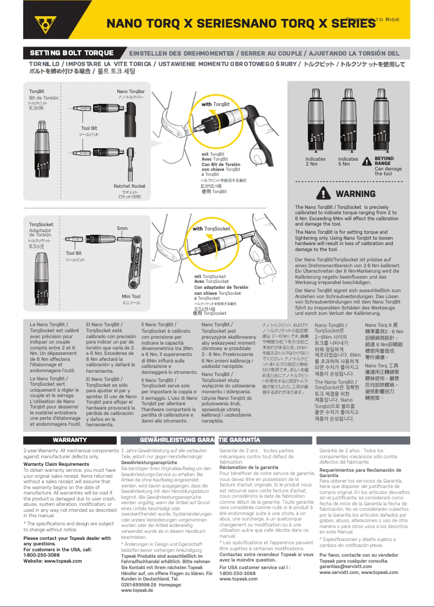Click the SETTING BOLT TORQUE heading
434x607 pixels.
click(71, 53)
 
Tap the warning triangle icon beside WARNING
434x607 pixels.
click(325, 194)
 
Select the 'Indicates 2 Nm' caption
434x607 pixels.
click(315, 161)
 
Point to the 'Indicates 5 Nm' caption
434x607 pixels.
click(348, 161)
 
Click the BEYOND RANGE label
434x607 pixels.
click(384, 161)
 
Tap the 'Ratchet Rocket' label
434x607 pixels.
click(129, 186)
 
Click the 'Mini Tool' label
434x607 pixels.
click(131, 296)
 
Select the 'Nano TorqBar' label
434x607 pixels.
click(131, 91)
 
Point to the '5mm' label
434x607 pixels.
click(122, 228)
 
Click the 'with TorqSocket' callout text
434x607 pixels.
click(212, 229)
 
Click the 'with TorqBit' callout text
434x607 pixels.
click(215, 104)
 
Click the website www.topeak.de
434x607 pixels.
click(137, 590)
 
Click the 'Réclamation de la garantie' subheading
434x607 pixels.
click(249, 467)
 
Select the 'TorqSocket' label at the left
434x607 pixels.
click(41, 225)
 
